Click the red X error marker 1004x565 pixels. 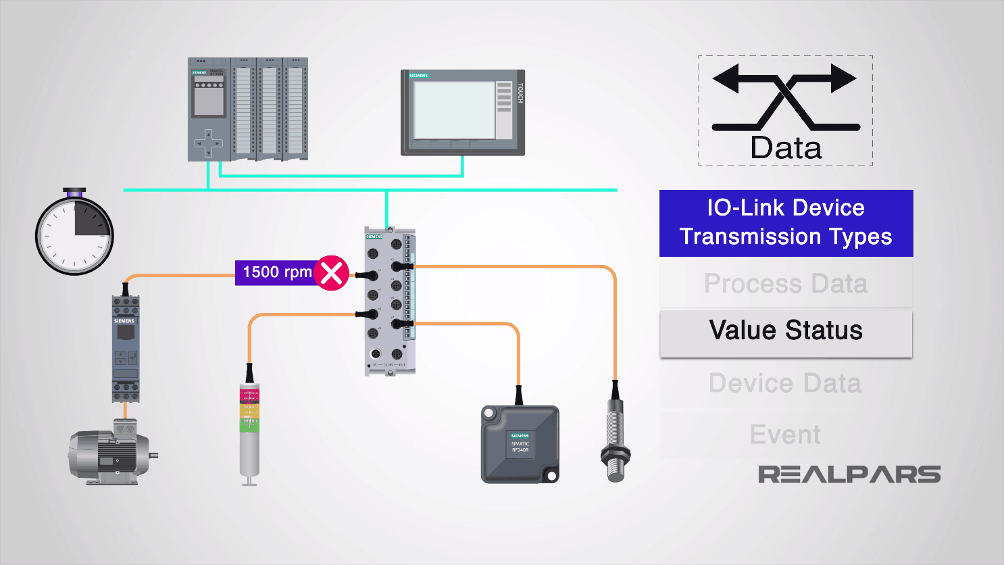(331, 273)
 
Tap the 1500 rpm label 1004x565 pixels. (277, 272)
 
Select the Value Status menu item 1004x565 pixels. (786, 331)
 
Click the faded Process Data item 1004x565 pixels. (786, 284)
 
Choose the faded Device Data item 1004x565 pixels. (786, 383)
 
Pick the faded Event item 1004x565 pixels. (786, 435)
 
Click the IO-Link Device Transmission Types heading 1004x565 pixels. (786, 222)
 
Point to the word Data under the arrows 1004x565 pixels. (786, 148)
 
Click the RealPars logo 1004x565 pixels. (849, 474)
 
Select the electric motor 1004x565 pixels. (111, 453)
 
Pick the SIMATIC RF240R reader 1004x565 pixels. (520, 444)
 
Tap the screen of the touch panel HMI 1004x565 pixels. (453, 110)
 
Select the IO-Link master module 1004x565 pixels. (389, 301)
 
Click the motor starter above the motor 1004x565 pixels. (126, 348)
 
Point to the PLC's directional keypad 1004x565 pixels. (208, 143)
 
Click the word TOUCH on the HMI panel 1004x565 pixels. (520, 93)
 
